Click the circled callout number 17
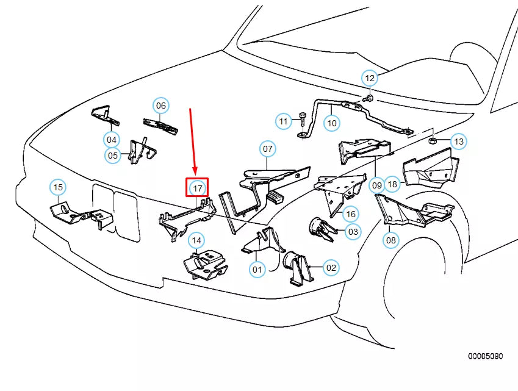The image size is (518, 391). (x=197, y=188)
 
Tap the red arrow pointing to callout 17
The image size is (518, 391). (x=193, y=141)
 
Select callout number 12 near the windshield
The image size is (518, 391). (x=370, y=78)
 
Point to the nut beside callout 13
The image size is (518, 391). (x=433, y=141)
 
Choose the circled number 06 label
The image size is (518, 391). (x=161, y=106)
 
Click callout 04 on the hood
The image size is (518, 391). (x=112, y=140)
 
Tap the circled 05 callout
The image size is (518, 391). (x=113, y=155)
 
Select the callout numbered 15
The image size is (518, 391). (x=58, y=187)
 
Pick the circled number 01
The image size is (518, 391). (x=257, y=270)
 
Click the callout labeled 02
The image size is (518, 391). (x=331, y=268)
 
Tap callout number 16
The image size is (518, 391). (x=351, y=214)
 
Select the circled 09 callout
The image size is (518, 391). (x=376, y=185)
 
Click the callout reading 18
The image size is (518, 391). (x=392, y=184)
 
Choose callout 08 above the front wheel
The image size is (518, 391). (x=391, y=240)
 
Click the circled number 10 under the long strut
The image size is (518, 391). (x=332, y=123)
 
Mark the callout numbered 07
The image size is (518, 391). (x=268, y=149)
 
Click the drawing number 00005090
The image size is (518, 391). (x=485, y=356)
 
